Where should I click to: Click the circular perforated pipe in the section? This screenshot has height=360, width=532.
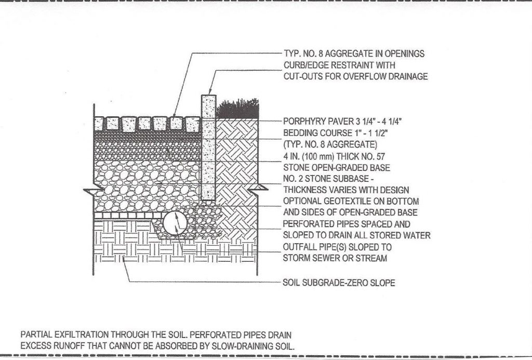pos(175,223)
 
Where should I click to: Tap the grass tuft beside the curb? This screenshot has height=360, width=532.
pos(237,109)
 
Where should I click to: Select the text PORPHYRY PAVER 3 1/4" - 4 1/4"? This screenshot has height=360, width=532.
pos(342,122)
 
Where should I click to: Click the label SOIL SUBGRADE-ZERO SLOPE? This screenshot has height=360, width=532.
pos(339,283)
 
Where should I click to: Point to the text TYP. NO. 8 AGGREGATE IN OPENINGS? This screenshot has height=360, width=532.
pos(354,54)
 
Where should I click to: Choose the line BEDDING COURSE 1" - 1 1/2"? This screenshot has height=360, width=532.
pos(335,133)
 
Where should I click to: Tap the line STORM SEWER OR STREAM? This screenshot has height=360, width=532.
pos(335,258)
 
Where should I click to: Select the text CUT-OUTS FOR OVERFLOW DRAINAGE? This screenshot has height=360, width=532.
pos(355,76)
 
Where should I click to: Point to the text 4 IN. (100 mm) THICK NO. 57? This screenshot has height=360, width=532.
pos(334,156)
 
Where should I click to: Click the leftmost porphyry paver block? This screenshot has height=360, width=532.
pos(99,124)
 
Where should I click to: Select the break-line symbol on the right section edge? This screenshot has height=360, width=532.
pos(258,189)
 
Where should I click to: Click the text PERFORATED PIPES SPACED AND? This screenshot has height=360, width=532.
pos(347,224)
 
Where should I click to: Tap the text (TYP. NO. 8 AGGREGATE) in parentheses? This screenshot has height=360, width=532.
pos(330,144)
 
